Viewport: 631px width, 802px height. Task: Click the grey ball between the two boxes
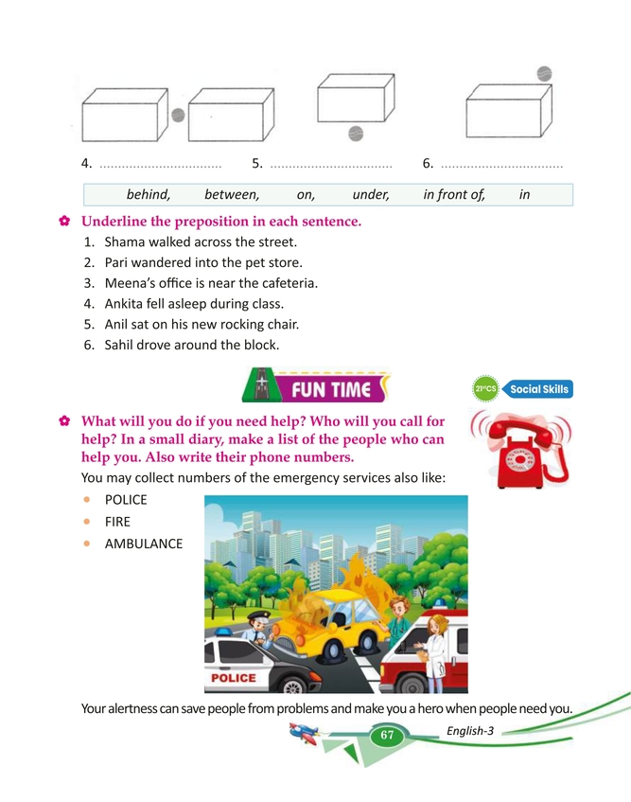(x=178, y=116)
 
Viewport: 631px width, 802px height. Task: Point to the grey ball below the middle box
(x=355, y=133)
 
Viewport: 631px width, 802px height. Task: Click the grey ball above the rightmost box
(x=544, y=73)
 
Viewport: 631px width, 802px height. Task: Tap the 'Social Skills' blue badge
(x=539, y=389)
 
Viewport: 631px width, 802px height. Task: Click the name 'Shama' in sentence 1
(x=125, y=242)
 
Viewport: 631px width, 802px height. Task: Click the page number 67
(x=386, y=736)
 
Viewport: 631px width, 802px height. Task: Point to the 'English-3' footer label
(x=470, y=730)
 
